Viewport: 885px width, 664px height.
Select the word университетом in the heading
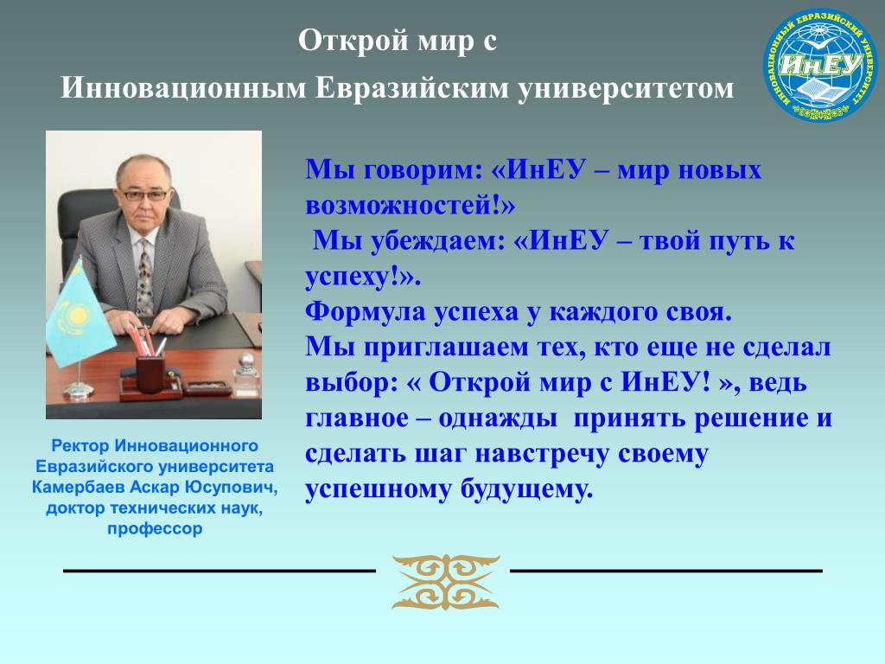tap(626, 88)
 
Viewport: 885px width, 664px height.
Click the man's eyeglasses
tap(144, 195)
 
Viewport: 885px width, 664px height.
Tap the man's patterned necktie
tap(145, 278)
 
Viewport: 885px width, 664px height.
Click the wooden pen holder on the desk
tap(150, 372)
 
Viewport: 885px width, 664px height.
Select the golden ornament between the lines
tap(445, 582)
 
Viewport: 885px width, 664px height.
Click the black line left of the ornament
tap(220, 571)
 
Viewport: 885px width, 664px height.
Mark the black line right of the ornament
tap(666, 571)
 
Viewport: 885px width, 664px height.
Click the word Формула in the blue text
tap(366, 312)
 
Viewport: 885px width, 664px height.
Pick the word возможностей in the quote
tap(401, 206)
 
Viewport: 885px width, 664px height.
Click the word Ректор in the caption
tap(80, 445)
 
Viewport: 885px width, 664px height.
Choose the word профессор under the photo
tap(155, 529)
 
